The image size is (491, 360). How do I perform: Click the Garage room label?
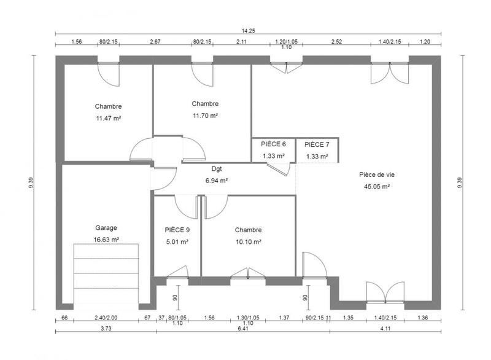pos(106,227)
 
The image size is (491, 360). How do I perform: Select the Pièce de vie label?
pos(376,174)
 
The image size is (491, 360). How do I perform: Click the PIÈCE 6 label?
pos(273,144)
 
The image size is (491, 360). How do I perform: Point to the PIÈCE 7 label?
pos(317,144)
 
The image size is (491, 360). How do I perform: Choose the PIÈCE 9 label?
pos(177,230)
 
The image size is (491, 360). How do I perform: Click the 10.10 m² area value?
pos(248,242)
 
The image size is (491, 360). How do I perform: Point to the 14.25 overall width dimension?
pos(248,30)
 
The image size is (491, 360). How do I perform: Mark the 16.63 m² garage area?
pos(106,240)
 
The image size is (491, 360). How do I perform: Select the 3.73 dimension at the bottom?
pos(106,329)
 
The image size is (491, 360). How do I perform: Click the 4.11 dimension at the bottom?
pos(385,329)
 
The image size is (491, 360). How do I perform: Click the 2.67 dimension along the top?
pos(155,42)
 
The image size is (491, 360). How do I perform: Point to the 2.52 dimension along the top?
pos(337,42)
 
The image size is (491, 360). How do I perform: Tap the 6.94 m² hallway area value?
pos(217,181)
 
